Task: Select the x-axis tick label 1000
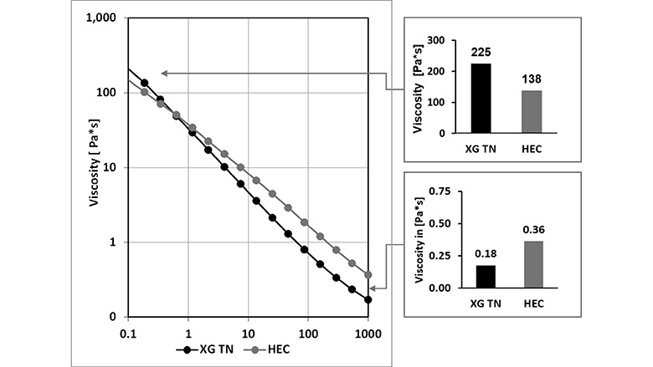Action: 368,332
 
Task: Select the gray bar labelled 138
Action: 533,111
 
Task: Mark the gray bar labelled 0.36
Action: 533,264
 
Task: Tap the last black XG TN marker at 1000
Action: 368,299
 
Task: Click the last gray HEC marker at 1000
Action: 368,274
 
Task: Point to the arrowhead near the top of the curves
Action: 163,74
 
